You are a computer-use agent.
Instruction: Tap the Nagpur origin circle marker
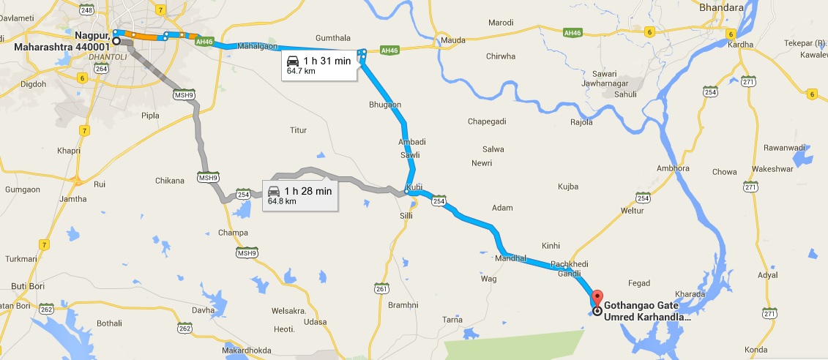coord(116,41)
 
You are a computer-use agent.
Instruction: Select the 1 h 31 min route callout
coord(319,65)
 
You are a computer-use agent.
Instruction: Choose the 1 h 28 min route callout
coord(300,195)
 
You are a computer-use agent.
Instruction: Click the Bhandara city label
coord(720,8)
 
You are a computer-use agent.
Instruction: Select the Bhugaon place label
coord(385,105)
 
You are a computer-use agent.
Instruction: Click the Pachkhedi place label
coord(569,263)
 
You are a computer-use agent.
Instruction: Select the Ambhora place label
coord(673,168)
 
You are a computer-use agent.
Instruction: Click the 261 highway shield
coord(380,288)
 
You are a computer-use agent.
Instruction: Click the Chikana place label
coord(170,180)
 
